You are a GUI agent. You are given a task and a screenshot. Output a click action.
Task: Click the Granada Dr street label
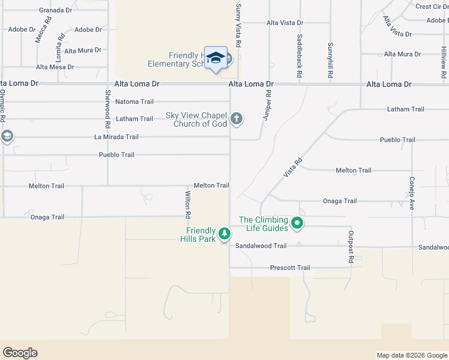pyautogui.click(x=55, y=10)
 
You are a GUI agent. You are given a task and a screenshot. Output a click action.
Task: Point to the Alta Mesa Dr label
pyautogui.click(x=55, y=67)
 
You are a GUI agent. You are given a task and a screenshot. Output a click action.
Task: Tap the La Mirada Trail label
pyautogui.click(x=116, y=137)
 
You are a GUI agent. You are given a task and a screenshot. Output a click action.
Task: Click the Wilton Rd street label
pyautogui.click(x=188, y=203)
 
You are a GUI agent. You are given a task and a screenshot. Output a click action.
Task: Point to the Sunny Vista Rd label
pyautogui.click(x=238, y=25)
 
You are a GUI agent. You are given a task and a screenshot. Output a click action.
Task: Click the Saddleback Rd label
pyautogui.click(x=299, y=57)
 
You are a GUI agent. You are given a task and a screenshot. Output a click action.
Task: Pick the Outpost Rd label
pyautogui.click(x=351, y=247)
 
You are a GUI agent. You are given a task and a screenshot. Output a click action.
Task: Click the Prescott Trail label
pyautogui.click(x=290, y=268)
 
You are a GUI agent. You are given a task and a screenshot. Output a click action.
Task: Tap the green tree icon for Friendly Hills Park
pyautogui.click(x=224, y=233)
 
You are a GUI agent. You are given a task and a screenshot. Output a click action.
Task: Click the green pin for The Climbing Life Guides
pyautogui.click(x=297, y=224)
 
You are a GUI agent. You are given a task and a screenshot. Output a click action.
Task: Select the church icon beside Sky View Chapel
pyautogui.click(x=237, y=118)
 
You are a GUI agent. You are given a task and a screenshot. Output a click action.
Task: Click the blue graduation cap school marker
pyautogui.click(x=215, y=58)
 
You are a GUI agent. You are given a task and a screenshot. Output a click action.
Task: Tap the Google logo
pyautogui.click(x=20, y=353)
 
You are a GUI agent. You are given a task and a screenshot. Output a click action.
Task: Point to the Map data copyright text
pyautogui.click(x=411, y=355)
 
